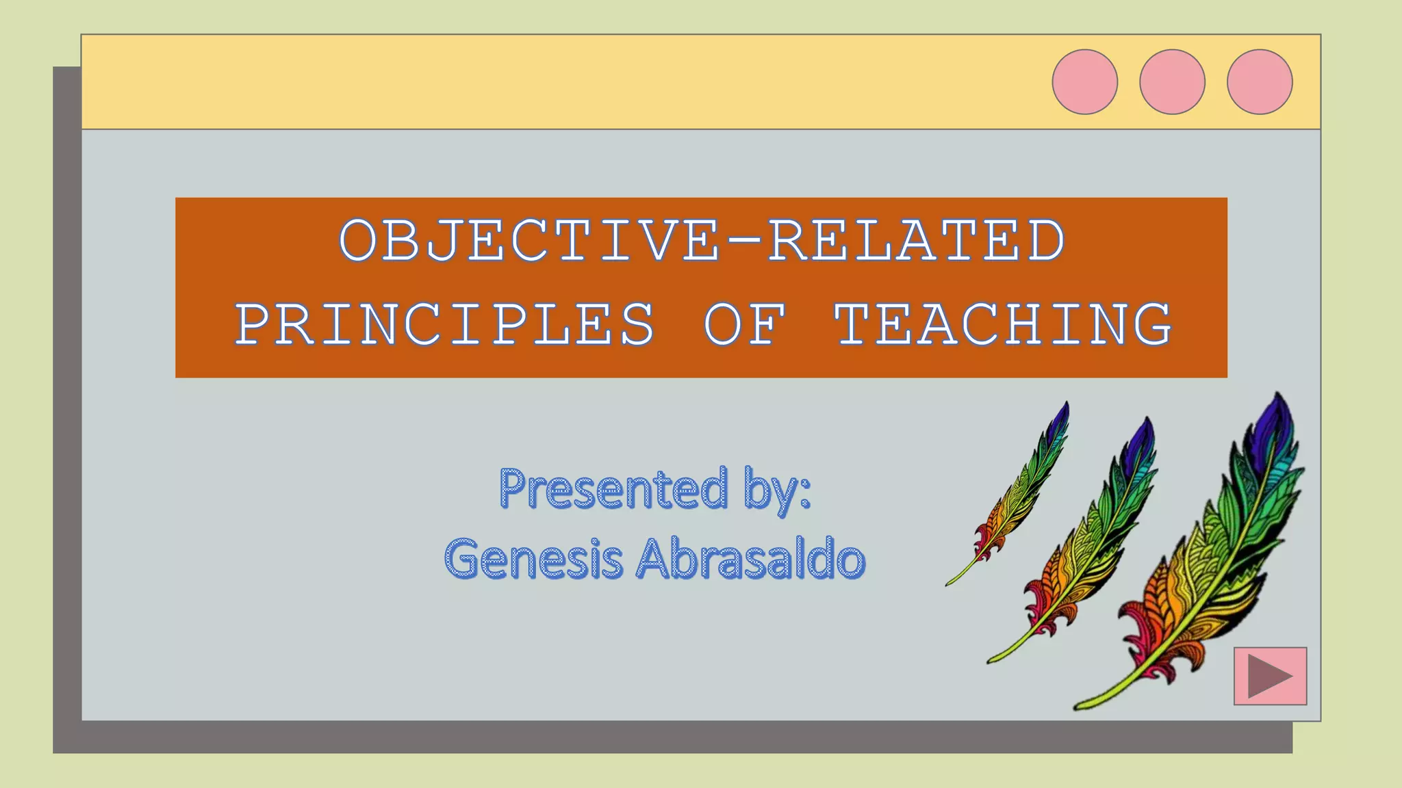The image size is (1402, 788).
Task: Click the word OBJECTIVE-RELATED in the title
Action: (x=702, y=240)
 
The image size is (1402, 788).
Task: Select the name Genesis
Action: (x=534, y=559)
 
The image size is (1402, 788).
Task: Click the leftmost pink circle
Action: (x=1084, y=81)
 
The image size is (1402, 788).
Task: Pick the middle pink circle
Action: (x=1172, y=81)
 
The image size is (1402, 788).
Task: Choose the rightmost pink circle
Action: (x=1260, y=81)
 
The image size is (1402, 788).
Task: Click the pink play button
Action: (x=1270, y=676)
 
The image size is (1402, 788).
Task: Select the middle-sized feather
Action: (x=1088, y=540)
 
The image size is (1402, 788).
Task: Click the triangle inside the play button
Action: (x=1266, y=676)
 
